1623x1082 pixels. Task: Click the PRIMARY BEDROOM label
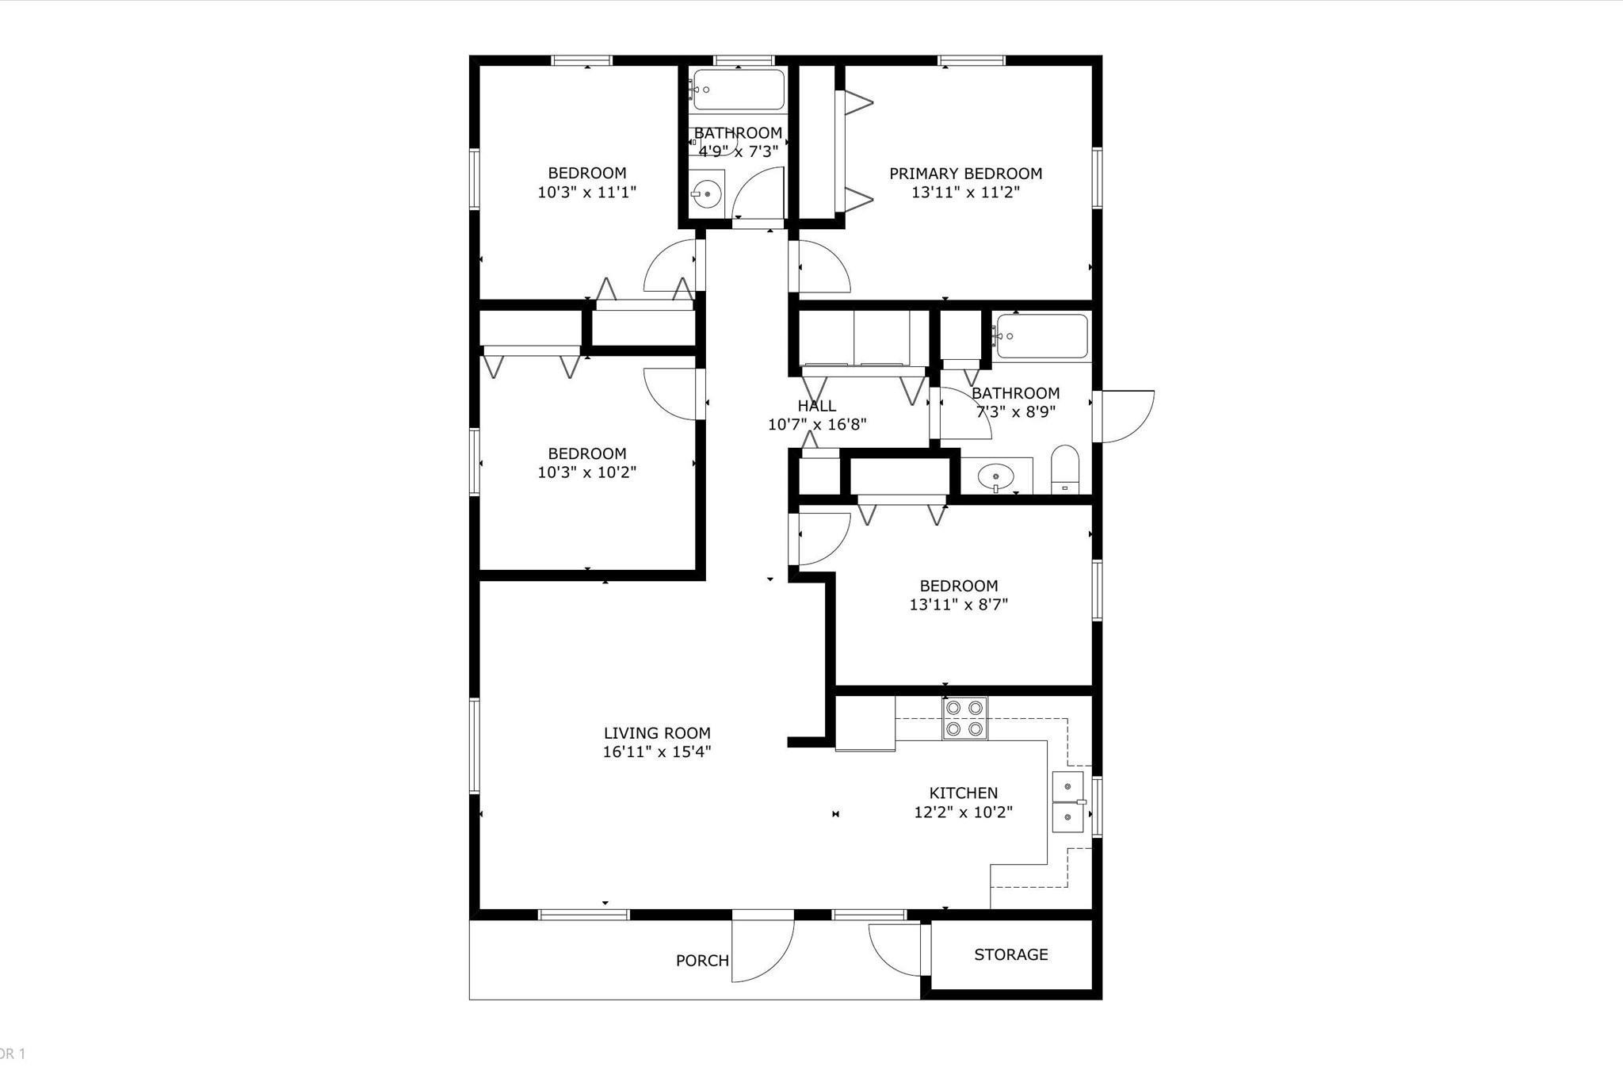pyautogui.click(x=965, y=174)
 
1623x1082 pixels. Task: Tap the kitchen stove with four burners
pyautogui.click(x=964, y=718)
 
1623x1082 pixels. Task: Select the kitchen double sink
pyautogui.click(x=1067, y=801)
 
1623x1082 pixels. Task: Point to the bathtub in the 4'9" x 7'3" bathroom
pyautogui.click(x=739, y=90)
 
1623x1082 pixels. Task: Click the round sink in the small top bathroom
pyautogui.click(x=705, y=193)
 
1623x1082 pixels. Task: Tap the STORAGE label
pyautogui.click(x=1010, y=954)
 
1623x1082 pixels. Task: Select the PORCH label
pyautogui.click(x=702, y=961)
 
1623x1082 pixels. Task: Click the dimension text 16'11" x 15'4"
pyautogui.click(x=657, y=751)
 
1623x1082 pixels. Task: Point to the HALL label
pyautogui.click(x=816, y=406)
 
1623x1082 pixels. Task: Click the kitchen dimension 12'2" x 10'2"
pyautogui.click(x=963, y=812)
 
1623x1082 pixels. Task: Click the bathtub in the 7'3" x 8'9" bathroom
pyautogui.click(x=1041, y=336)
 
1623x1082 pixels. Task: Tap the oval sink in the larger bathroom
pyautogui.click(x=995, y=477)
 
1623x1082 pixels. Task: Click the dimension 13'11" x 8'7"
pyautogui.click(x=958, y=605)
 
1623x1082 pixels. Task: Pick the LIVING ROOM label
pyautogui.click(x=657, y=733)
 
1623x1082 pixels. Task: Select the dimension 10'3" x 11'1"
pyautogui.click(x=587, y=192)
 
